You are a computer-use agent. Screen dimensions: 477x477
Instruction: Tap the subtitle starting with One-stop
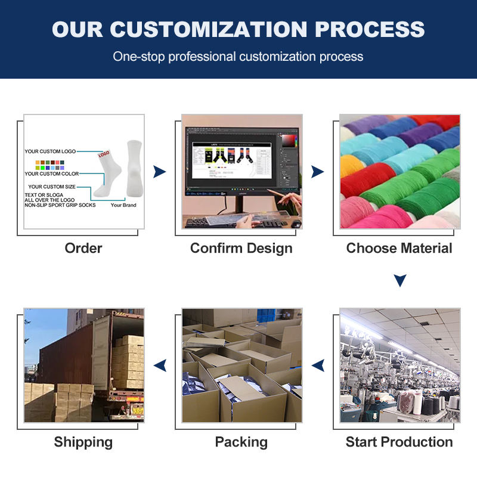pyautogui.click(x=238, y=57)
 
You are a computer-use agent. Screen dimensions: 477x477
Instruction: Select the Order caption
pyautogui.click(x=83, y=248)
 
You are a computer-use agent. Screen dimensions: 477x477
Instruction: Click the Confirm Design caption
pyautogui.click(x=241, y=248)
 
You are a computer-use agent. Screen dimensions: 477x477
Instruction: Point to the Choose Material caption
pyautogui.click(x=399, y=248)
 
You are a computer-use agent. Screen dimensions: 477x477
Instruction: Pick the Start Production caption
pyautogui.click(x=399, y=442)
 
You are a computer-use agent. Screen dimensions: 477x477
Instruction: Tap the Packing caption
pyautogui.click(x=241, y=442)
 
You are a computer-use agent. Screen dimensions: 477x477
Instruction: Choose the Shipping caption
pyautogui.click(x=83, y=442)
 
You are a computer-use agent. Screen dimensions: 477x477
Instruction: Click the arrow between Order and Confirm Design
pyautogui.click(x=159, y=172)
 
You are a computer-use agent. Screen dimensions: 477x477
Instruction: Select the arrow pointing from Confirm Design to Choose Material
pyautogui.click(x=318, y=172)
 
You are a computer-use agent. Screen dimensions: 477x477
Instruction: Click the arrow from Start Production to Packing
pyautogui.click(x=318, y=365)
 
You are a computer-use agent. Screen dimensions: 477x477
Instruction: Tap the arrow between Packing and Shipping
pyautogui.click(x=159, y=365)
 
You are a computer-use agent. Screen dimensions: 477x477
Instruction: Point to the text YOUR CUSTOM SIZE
pyautogui.click(x=52, y=187)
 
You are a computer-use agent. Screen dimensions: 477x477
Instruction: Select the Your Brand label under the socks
pyautogui.click(x=123, y=205)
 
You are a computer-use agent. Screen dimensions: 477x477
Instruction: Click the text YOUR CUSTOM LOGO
pyautogui.click(x=50, y=151)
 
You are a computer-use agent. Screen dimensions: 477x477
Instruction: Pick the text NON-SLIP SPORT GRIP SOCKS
pyautogui.click(x=59, y=205)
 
